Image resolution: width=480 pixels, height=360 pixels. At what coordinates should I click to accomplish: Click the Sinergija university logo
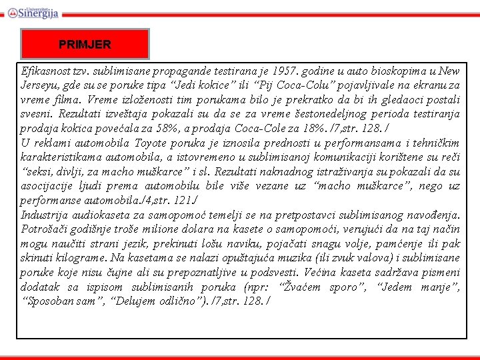pyautogui.click(x=34, y=11)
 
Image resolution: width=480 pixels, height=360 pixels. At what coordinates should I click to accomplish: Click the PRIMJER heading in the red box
pyautogui.click(x=85, y=45)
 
